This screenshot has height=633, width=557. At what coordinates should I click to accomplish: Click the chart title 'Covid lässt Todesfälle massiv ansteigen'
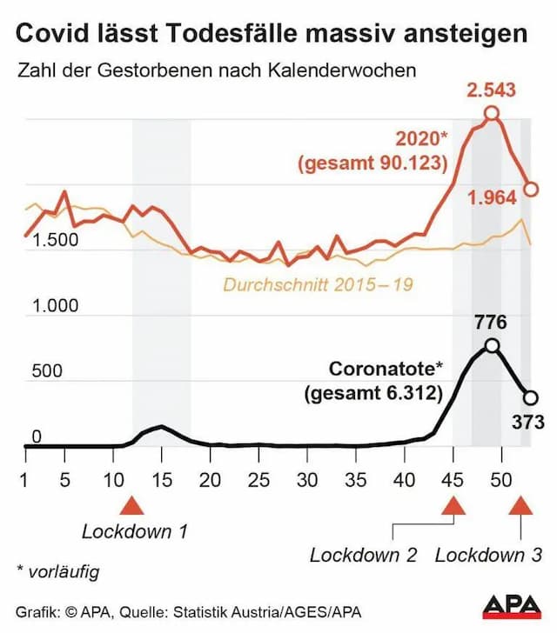(272, 34)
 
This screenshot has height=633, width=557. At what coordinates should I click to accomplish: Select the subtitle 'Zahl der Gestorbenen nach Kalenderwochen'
(217, 70)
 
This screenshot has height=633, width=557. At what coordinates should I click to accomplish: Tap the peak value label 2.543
(492, 89)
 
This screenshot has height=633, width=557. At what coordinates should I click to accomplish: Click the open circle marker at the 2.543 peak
(492, 113)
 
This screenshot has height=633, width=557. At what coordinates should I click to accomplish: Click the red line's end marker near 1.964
(531, 189)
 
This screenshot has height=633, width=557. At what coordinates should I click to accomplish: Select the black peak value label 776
(490, 323)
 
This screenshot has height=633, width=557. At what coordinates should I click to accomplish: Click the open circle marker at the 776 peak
(492, 345)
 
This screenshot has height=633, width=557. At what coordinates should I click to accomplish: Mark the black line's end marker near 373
(531, 397)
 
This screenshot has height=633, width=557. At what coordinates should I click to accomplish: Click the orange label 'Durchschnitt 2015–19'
(318, 283)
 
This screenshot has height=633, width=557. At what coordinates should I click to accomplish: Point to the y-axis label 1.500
(56, 241)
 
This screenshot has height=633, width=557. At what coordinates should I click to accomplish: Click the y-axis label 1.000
(56, 306)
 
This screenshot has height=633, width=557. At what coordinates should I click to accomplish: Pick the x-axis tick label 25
(257, 478)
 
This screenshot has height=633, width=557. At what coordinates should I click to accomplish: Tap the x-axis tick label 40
(401, 478)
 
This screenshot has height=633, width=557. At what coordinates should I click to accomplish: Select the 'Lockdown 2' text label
(363, 555)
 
